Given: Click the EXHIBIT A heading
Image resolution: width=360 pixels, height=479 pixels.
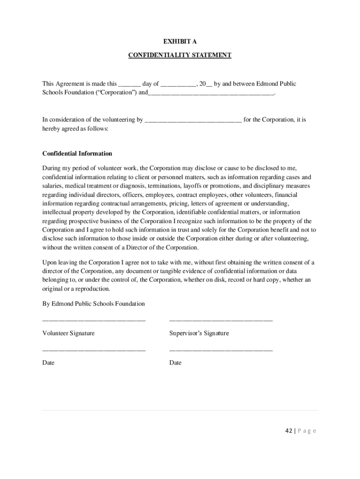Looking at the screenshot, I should pyautogui.click(x=180, y=42).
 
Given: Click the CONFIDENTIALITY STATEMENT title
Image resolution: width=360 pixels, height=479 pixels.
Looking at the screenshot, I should pyautogui.click(x=180, y=55).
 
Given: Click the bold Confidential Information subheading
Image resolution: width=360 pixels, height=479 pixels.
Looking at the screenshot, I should pyautogui.click(x=77, y=153).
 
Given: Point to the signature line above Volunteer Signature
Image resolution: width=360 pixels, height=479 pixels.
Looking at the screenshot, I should pyautogui.click(x=94, y=320).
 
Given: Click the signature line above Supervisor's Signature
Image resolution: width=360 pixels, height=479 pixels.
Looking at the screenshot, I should pyautogui.click(x=221, y=320).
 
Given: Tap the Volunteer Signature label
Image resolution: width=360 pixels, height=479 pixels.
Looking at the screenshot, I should pyautogui.click(x=68, y=333).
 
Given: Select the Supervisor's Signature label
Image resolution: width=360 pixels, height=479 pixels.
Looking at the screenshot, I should pyautogui.click(x=199, y=333).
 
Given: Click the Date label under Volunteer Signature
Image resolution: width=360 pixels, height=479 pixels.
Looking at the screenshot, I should pyautogui.click(x=48, y=363).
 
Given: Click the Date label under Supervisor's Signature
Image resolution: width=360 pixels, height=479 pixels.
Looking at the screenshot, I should pyautogui.click(x=175, y=363).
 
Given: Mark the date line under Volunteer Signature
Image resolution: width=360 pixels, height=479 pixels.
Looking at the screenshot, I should pyautogui.click(x=94, y=350).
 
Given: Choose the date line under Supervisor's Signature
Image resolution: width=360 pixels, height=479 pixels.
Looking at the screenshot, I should pyautogui.click(x=221, y=350).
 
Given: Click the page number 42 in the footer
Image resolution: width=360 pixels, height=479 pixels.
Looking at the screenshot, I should pyautogui.click(x=288, y=431).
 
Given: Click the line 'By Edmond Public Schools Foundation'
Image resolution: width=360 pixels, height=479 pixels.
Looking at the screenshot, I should pyautogui.click(x=94, y=304).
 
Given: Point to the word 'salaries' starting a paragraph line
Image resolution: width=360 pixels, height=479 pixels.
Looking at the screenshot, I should pyautogui.click(x=52, y=186).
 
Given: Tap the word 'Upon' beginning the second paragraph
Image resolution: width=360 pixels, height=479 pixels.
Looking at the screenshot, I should pyautogui.click(x=50, y=262).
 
